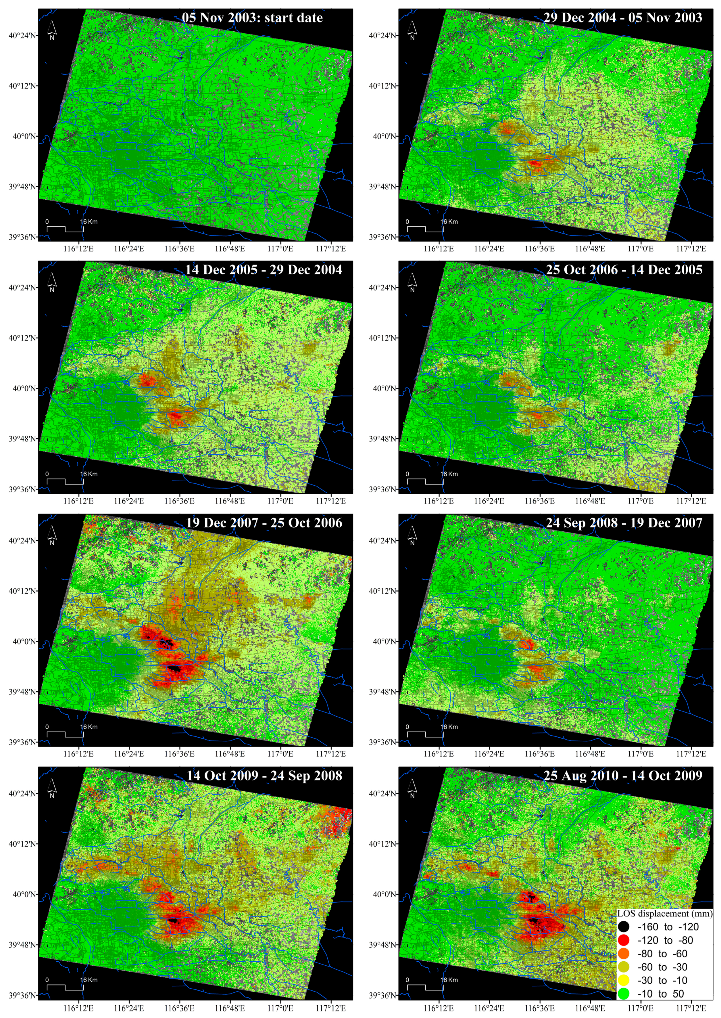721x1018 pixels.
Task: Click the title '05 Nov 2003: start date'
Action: pos(252,18)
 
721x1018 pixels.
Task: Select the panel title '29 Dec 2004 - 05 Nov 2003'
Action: pos(623,18)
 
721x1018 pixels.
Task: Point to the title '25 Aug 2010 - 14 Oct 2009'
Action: pos(623,776)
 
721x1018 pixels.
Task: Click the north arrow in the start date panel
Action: pos(52,29)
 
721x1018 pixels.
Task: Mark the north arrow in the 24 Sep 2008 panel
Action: pos(412,534)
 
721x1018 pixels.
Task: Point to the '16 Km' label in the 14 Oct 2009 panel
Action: pos(89,980)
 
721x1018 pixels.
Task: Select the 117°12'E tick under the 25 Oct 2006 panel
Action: pos(691,501)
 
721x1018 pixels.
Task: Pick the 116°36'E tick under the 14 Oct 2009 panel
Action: pos(179,1007)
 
